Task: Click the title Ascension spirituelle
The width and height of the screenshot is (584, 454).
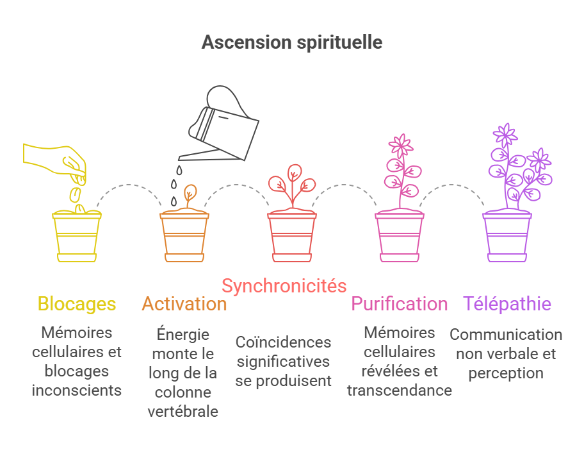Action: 292,42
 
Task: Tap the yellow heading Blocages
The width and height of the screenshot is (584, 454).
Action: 77,303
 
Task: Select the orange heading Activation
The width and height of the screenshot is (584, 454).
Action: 184,303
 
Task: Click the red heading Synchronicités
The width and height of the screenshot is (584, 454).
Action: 284,285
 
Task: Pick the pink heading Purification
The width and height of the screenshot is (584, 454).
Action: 400,303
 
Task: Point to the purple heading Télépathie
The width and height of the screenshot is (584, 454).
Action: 507,303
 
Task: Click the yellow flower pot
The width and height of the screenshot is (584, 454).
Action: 77,236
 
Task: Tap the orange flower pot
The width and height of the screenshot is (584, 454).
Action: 184,236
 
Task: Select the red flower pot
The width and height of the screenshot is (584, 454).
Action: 292,236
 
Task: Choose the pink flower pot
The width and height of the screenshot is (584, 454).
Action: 400,236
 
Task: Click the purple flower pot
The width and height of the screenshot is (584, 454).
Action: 507,236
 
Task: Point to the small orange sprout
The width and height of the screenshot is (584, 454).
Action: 190,195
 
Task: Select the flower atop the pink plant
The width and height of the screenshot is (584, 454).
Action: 401,146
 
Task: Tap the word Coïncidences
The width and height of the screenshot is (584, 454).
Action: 283,342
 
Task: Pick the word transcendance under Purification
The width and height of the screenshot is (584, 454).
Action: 400,391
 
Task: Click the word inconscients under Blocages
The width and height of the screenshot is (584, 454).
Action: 77,391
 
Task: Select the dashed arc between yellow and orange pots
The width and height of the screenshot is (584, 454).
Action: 131,187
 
